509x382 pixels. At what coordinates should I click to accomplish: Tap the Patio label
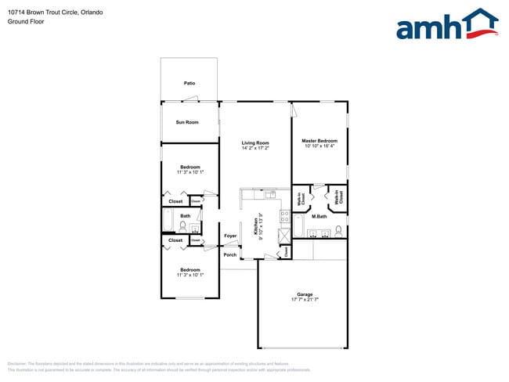click(190, 83)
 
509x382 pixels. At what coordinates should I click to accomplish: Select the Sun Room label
click(187, 122)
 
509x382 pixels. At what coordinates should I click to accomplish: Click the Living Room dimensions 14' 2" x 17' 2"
click(255, 147)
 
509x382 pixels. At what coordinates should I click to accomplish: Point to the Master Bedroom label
click(319, 141)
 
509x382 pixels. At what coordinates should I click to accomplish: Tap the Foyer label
click(230, 236)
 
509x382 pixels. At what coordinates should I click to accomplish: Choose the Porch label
click(230, 254)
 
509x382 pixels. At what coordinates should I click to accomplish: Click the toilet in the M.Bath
click(338, 230)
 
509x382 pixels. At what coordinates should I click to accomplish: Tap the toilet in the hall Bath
click(182, 226)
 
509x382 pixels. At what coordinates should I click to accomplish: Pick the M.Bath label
click(319, 216)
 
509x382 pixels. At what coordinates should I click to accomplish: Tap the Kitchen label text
click(255, 227)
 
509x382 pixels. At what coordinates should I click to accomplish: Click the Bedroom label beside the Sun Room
click(190, 167)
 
